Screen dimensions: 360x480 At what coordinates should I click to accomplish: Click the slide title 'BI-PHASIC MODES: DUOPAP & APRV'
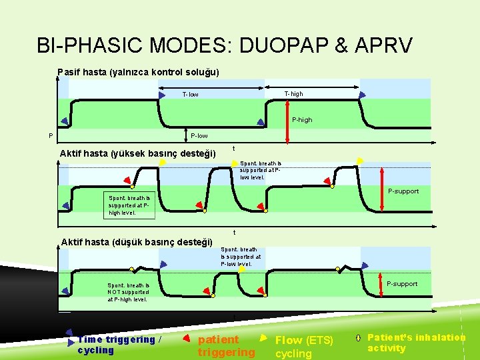pyautogui.click(x=225, y=45)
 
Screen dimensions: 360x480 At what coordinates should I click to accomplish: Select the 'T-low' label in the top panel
pyautogui.click(x=191, y=95)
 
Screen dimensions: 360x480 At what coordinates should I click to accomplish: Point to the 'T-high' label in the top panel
pyautogui.click(x=293, y=94)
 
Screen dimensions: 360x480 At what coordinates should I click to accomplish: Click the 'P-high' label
pyautogui.click(x=302, y=120)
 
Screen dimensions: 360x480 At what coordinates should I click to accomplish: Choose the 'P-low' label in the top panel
pyautogui.click(x=199, y=136)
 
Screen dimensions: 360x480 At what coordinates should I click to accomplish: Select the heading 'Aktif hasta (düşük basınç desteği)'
pyautogui.click(x=137, y=241)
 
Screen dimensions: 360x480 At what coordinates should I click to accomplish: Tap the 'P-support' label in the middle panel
pyautogui.click(x=403, y=191)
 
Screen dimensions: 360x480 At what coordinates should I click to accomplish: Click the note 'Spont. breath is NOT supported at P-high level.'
pyautogui.click(x=129, y=292)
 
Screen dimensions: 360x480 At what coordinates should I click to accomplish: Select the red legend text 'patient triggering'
pyautogui.click(x=226, y=345)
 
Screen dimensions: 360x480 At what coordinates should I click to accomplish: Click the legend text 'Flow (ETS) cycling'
pyautogui.click(x=304, y=347)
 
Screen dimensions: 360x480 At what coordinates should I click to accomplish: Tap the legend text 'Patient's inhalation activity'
pyautogui.click(x=416, y=343)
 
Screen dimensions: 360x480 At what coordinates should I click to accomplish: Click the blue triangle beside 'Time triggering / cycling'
pyautogui.click(x=69, y=337)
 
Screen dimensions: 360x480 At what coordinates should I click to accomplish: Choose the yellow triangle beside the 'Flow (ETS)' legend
pyautogui.click(x=263, y=337)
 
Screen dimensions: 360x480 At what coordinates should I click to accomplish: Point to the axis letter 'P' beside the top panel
pyautogui.click(x=51, y=137)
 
